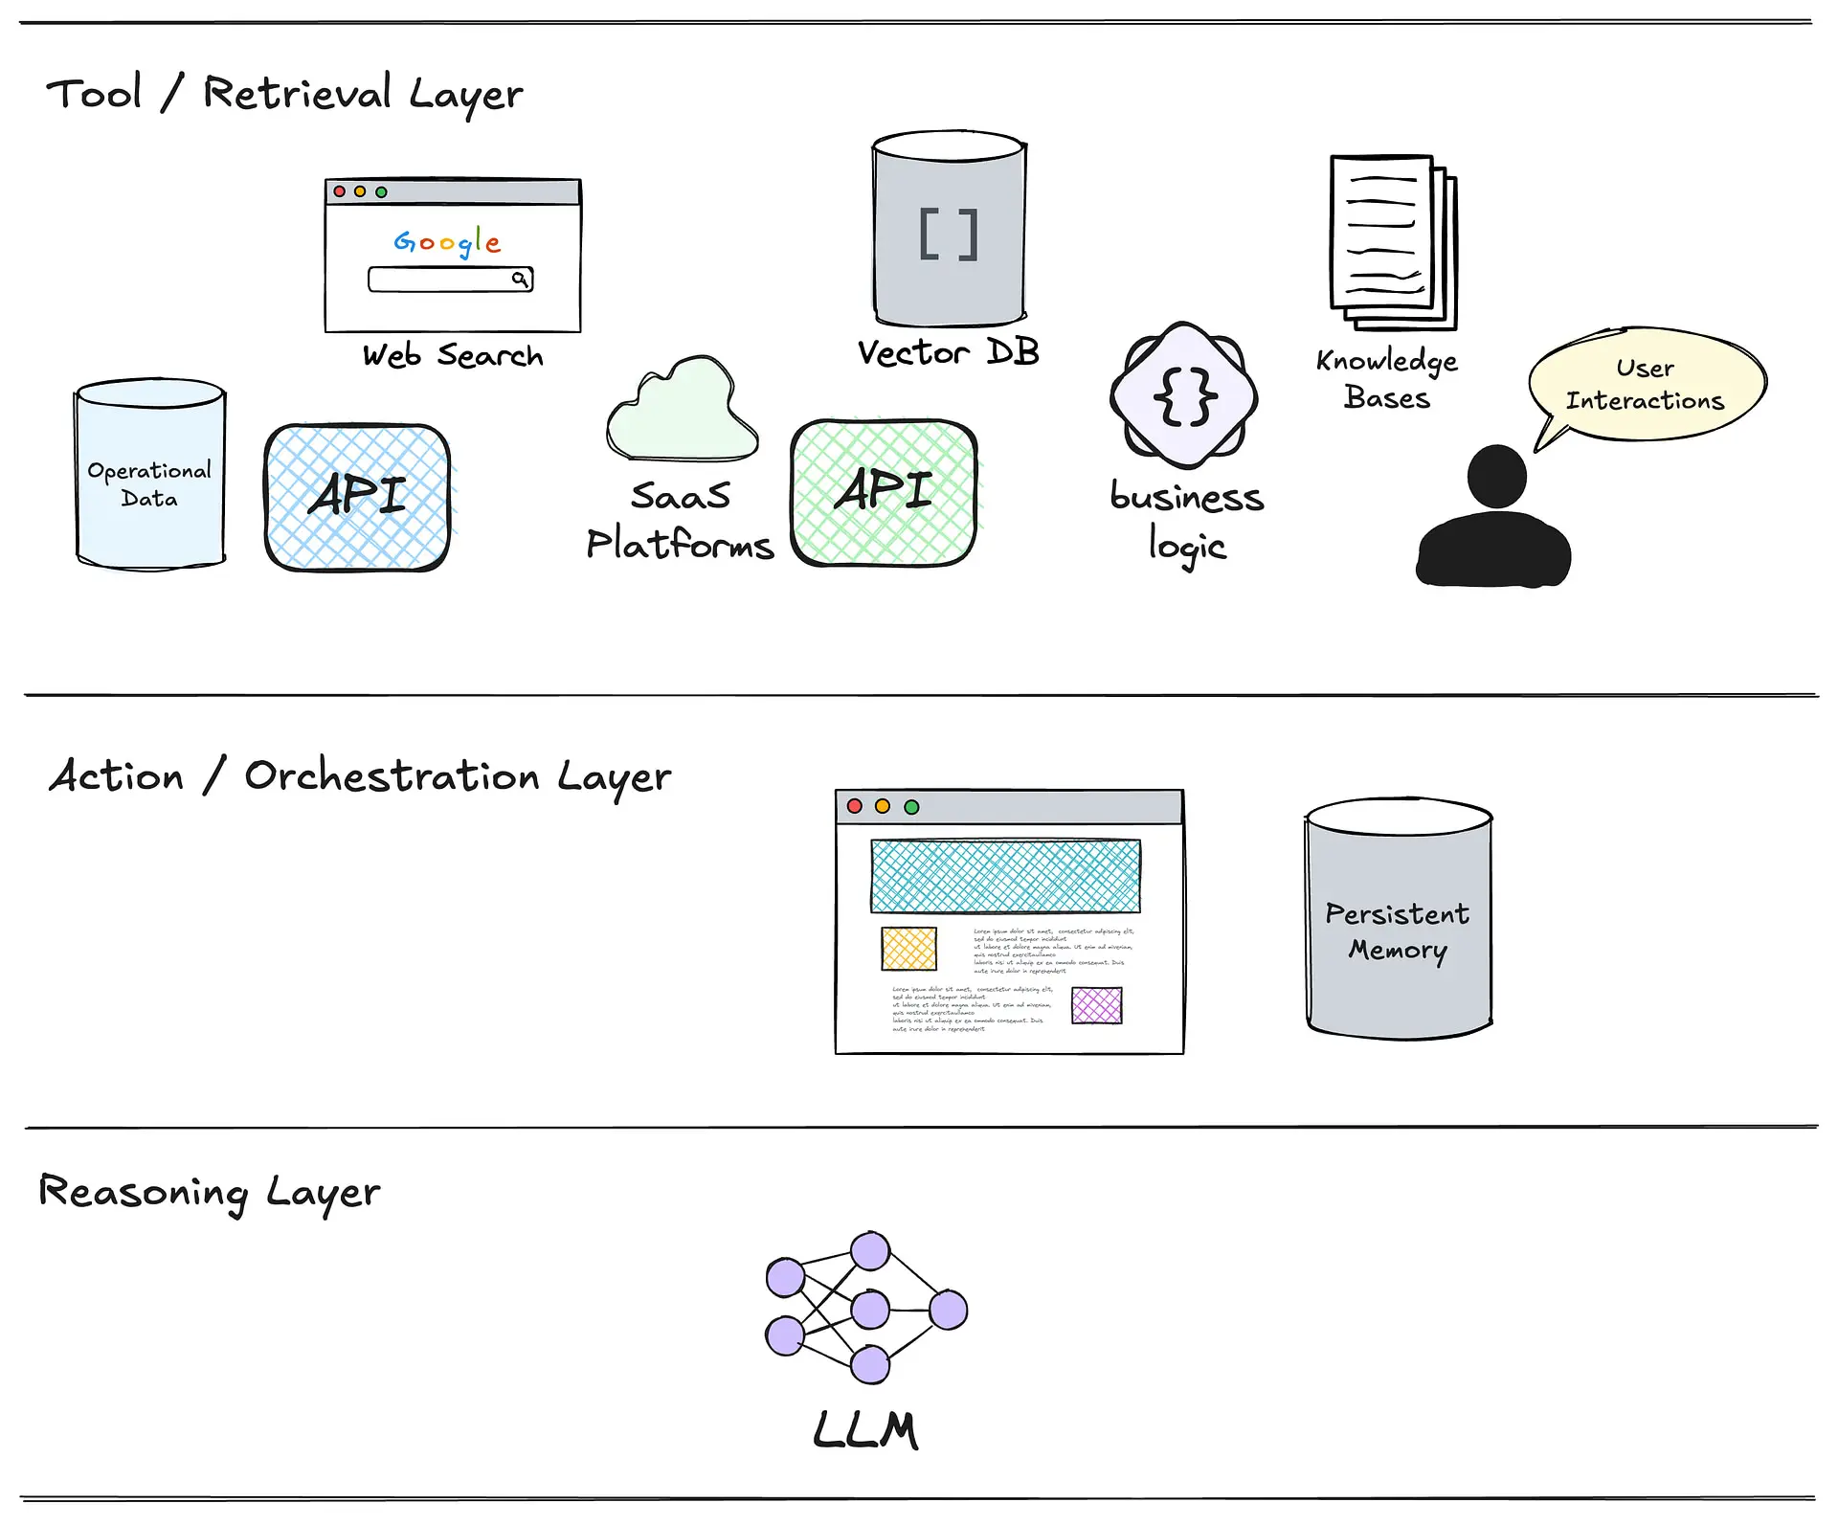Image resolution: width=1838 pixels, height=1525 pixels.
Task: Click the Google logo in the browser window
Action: [447, 242]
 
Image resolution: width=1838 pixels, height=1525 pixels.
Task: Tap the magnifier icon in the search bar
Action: [519, 280]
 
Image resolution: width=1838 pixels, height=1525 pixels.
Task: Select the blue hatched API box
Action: [357, 497]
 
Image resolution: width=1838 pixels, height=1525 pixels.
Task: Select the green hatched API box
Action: [884, 492]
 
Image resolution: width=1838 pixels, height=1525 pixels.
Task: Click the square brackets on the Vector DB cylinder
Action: [949, 235]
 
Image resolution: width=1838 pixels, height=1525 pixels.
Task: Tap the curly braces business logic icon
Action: [1184, 395]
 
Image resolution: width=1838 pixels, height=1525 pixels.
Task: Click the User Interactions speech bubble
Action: [1647, 384]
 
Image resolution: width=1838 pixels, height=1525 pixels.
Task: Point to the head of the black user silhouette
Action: [1496, 476]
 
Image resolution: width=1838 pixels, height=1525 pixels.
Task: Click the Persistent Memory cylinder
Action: [1399, 920]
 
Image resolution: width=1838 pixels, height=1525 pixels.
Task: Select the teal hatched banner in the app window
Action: [1005, 876]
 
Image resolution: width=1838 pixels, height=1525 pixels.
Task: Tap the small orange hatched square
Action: [908, 949]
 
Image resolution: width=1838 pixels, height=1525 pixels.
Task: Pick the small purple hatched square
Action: [1096, 1005]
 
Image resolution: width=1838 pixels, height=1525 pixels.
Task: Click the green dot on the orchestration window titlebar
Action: [911, 807]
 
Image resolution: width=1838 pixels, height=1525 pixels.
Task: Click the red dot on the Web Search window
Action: [339, 191]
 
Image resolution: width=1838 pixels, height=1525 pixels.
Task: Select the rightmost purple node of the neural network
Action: [948, 1310]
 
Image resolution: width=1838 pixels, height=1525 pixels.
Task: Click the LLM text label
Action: [866, 1430]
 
